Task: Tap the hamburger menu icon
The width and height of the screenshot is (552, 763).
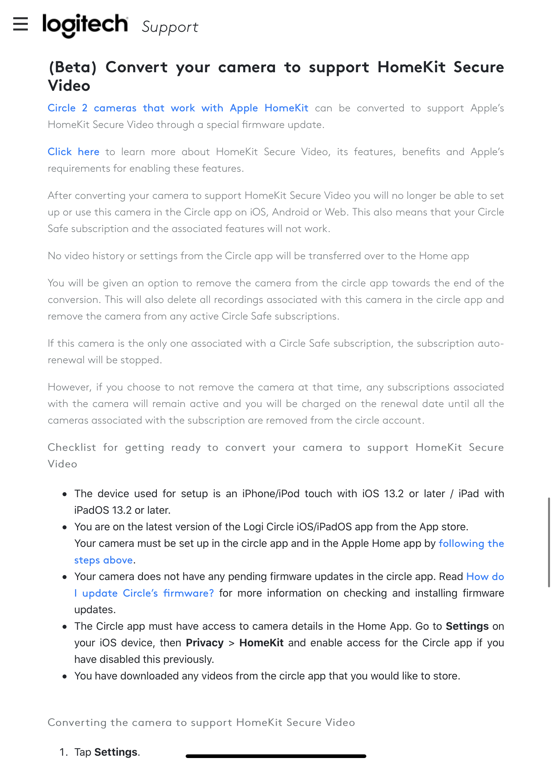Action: pyautogui.click(x=20, y=24)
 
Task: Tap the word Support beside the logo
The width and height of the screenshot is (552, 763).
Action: pyautogui.click(x=170, y=27)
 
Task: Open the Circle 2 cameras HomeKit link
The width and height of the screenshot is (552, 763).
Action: pyautogui.click(x=178, y=108)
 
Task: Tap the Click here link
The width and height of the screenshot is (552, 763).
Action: pyautogui.click(x=73, y=152)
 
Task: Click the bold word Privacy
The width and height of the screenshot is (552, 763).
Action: pyautogui.click(x=205, y=643)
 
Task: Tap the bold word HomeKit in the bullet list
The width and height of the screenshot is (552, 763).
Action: pyautogui.click(x=261, y=643)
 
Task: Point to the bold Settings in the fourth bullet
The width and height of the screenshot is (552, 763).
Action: pyautogui.click(x=467, y=626)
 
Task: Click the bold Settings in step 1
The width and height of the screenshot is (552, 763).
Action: pyautogui.click(x=115, y=752)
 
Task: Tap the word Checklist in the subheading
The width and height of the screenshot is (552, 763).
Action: pyautogui.click(x=72, y=447)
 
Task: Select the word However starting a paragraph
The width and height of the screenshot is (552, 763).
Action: pyautogui.click(x=69, y=387)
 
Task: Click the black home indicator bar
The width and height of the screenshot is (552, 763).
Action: pyautogui.click(x=275, y=756)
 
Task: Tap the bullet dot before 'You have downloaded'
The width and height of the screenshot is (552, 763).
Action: pyautogui.click(x=65, y=676)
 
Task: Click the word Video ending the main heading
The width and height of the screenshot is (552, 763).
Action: pyautogui.click(x=69, y=86)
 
